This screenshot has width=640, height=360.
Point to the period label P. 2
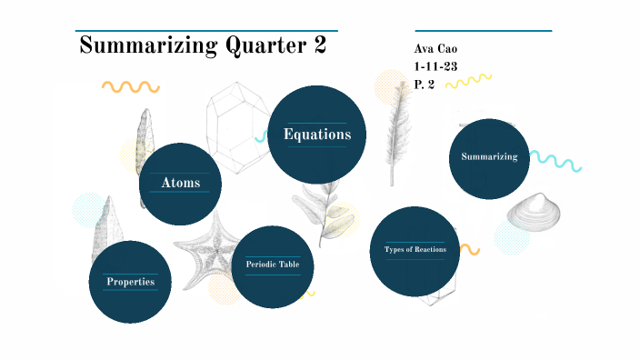(425, 84)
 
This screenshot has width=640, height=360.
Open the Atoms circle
(181, 184)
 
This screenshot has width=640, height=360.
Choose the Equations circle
(317, 135)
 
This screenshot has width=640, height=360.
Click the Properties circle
(130, 281)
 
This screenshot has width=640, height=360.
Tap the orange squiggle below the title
(130, 87)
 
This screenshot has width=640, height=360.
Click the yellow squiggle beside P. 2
(470, 83)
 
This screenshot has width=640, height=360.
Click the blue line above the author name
(483, 31)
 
